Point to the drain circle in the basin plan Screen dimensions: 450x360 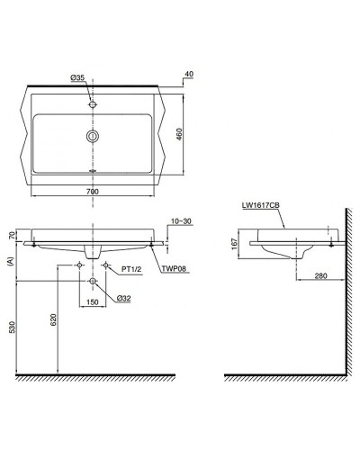(x=91, y=136)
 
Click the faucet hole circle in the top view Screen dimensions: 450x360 (x=91, y=104)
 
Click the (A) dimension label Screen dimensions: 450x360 (x=12, y=265)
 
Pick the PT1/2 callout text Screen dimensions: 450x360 (x=132, y=266)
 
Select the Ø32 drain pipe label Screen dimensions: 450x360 (x=122, y=298)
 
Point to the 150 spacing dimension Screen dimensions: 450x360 (x=92, y=302)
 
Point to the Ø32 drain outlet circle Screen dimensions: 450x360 (x=92, y=282)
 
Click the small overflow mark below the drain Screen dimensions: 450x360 (x=91, y=168)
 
